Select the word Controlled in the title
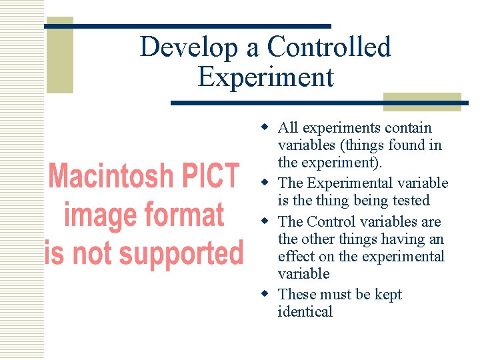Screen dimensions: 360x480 329,47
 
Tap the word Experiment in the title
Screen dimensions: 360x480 265,77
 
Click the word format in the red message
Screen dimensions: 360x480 183,215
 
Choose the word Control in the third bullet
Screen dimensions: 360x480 332,221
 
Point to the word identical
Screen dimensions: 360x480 305,312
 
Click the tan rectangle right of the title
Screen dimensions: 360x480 422,101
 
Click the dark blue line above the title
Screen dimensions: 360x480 187,26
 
